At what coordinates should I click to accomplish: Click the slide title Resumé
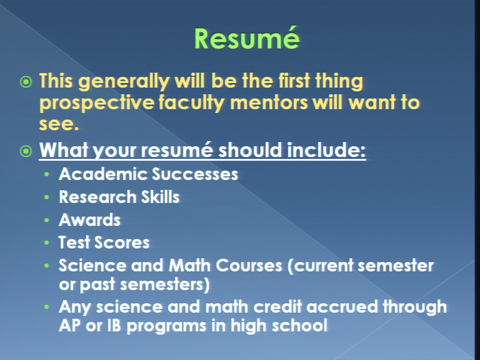(x=247, y=38)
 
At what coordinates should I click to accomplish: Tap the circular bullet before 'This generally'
(x=25, y=82)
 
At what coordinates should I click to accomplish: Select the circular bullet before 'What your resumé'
(x=25, y=151)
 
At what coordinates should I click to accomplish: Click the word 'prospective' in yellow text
(x=96, y=103)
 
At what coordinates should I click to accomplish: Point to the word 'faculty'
(x=192, y=103)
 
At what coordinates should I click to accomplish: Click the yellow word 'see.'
(x=59, y=123)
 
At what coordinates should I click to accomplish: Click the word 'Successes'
(x=195, y=174)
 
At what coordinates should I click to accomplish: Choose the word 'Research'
(x=97, y=197)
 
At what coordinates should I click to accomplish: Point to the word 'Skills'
(x=160, y=197)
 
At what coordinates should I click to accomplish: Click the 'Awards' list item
(x=89, y=220)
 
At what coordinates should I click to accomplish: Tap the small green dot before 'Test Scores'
(x=46, y=243)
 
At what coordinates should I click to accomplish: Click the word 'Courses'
(x=249, y=265)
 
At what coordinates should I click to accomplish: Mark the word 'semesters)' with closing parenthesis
(x=164, y=284)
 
